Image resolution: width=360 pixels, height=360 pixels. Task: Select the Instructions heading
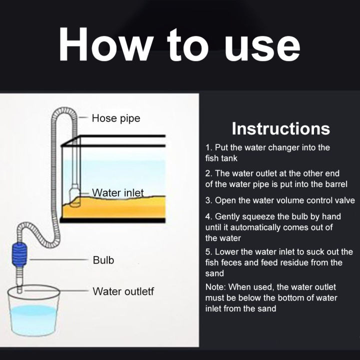280,128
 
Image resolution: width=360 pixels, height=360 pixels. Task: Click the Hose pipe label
116,118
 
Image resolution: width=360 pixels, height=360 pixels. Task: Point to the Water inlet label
118,192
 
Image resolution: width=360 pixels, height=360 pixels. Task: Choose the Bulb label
103,260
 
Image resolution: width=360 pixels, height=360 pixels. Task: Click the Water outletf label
123,291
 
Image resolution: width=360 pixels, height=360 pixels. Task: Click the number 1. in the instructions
209,147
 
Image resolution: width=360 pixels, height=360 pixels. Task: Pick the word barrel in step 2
334,184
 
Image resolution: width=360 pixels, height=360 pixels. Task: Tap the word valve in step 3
344,200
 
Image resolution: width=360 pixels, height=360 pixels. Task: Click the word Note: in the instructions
216,287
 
